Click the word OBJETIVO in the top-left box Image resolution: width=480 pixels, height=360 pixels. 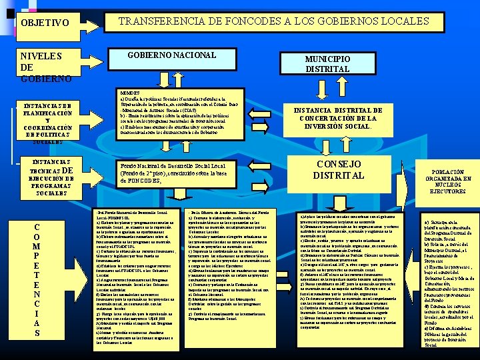pos(45,23)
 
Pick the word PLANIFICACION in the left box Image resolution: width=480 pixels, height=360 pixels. pos(46,113)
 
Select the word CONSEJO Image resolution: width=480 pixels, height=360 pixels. pos(339,164)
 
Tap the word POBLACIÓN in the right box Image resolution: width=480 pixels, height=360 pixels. pos(445,170)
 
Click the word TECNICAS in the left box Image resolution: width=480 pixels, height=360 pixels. pos(41,171)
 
